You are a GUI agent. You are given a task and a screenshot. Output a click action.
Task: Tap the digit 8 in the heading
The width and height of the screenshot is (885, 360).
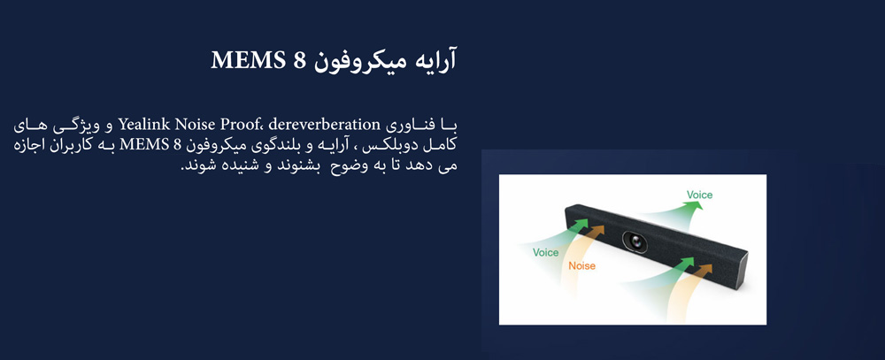pos(299,60)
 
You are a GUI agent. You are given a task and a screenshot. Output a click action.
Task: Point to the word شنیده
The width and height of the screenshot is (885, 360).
pos(234,167)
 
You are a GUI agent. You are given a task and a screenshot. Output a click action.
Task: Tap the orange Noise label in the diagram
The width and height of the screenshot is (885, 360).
pos(582,265)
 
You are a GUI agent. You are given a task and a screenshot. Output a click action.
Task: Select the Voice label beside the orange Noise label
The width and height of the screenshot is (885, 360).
pos(546,252)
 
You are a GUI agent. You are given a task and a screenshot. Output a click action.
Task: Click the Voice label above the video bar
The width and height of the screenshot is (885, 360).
pos(699,195)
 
